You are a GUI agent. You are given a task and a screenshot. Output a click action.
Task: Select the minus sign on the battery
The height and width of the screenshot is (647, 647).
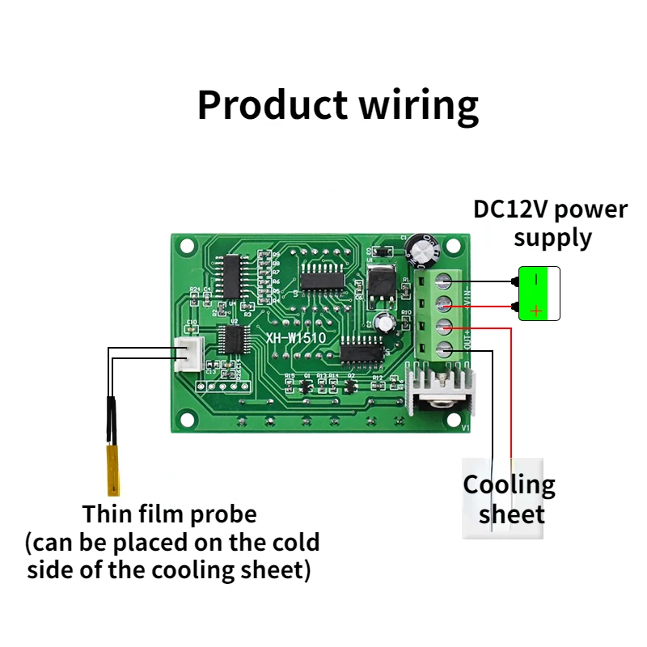(536, 280)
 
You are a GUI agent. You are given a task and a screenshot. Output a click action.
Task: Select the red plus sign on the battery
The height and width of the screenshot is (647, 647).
(536, 310)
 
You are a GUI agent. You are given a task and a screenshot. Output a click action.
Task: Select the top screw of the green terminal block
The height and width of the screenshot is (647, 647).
(443, 281)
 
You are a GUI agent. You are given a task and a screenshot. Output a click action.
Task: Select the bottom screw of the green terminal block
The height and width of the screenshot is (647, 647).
(443, 350)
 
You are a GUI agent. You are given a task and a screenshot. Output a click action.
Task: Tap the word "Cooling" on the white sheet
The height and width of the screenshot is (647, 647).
(509, 485)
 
